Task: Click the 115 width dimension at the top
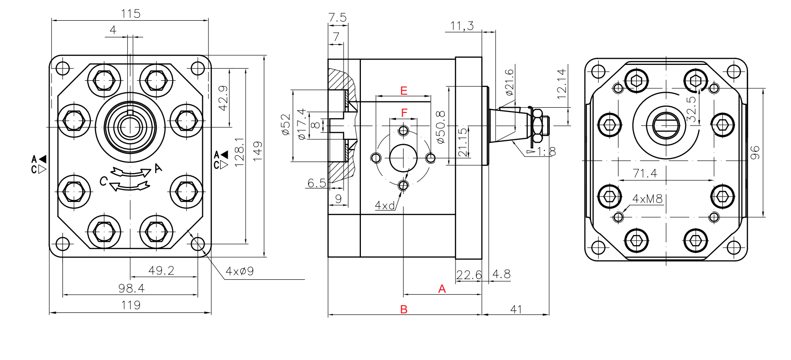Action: (x=131, y=13)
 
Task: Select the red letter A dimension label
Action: (x=442, y=289)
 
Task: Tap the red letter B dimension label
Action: (x=404, y=310)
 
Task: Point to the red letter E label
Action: (x=404, y=90)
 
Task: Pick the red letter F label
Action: (x=404, y=112)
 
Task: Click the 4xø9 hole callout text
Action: (x=239, y=272)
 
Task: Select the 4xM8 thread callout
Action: (x=647, y=199)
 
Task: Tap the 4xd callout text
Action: (x=384, y=206)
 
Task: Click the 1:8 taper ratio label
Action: (x=546, y=152)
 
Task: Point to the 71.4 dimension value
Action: (x=645, y=173)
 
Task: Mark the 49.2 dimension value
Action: (x=161, y=270)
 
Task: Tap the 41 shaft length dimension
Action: (x=516, y=309)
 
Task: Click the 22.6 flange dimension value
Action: (x=469, y=274)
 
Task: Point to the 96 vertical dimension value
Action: (x=755, y=152)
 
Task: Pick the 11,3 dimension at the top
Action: (x=462, y=25)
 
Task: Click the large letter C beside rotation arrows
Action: (x=103, y=181)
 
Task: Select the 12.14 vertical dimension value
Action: (x=561, y=84)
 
